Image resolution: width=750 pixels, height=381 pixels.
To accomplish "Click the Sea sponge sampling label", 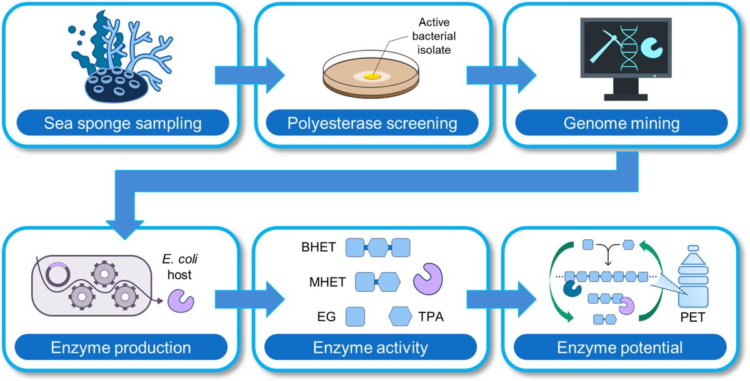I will (122, 123).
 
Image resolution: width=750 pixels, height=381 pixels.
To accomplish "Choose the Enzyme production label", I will (122, 347).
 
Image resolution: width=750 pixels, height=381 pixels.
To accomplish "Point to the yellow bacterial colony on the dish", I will (372, 76).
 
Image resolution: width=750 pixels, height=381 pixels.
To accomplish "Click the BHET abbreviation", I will (321, 247).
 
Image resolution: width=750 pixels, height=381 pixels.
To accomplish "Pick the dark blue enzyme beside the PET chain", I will (571, 289).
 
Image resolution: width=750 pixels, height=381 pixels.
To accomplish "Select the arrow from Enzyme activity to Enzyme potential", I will (491, 300).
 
